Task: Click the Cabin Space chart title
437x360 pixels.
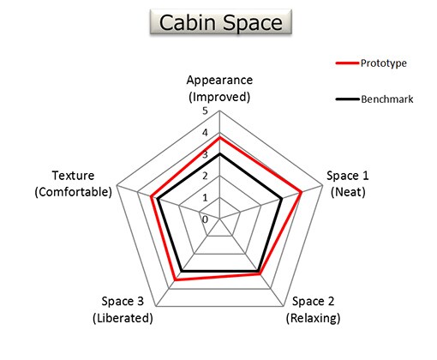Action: tap(221, 22)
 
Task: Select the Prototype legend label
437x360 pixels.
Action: tap(383, 63)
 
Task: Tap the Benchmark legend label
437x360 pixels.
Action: tap(387, 99)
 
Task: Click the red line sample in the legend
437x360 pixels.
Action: tap(347, 63)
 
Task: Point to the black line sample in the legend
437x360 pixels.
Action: tap(347, 99)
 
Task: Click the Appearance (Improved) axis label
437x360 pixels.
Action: tap(219, 88)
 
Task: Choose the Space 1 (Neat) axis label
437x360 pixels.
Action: tap(348, 183)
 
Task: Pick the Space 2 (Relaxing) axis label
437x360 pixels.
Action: tap(313, 309)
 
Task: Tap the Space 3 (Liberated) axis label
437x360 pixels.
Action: tap(123, 309)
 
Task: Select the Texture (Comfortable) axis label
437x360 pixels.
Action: tap(73, 183)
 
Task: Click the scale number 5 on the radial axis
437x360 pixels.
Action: tap(205, 111)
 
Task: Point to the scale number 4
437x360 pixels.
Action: tap(205, 133)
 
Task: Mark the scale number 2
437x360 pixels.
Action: tap(205, 176)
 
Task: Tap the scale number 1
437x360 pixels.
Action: tap(205, 198)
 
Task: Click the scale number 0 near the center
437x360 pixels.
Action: tap(205, 219)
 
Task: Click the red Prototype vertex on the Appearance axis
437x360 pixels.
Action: tap(219, 138)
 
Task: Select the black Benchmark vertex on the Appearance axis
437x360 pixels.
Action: tap(219, 154)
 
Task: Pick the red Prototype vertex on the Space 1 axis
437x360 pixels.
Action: tap(301, 192)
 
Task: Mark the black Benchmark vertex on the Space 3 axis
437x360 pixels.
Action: tap(182, 271)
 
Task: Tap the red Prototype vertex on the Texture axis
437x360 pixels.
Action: tap(151, 196)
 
